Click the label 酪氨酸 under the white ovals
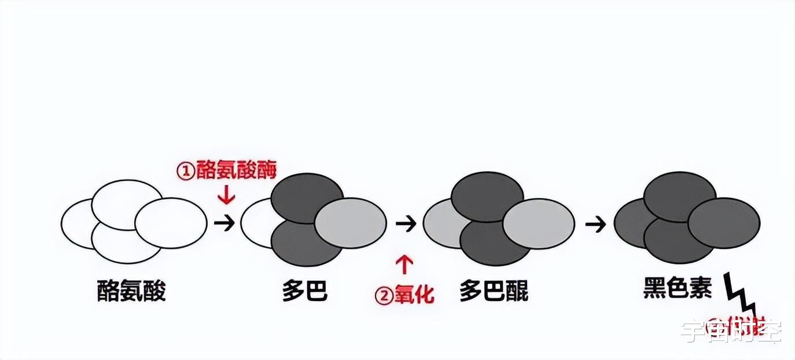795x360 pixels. [x=131, y=291]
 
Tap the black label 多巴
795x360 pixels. [x=305, y=291]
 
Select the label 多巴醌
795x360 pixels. [x=494, y=291]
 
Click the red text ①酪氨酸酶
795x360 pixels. [x=227, y=171]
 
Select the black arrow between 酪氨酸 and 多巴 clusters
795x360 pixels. [x=224, y=223]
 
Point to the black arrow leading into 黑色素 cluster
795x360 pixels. [x=594, y=223]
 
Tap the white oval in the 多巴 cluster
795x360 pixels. [x=255, y=223]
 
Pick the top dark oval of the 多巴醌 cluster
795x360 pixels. [x=487, y=195]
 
